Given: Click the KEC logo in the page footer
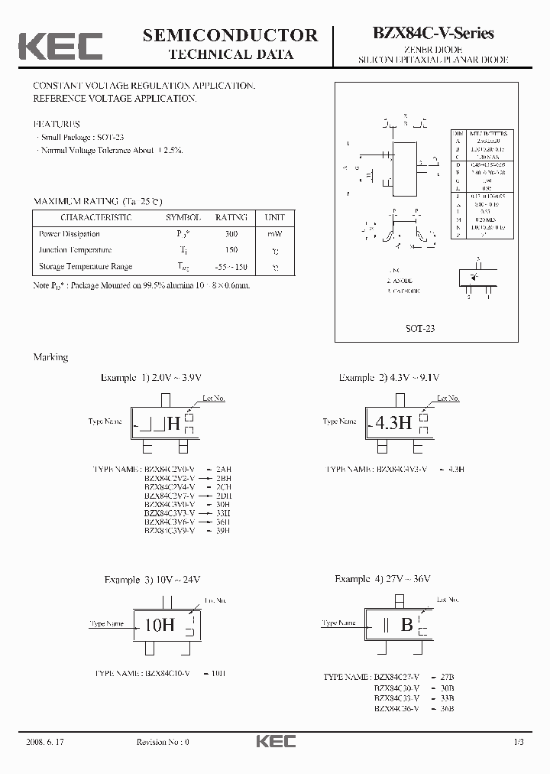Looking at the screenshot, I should click(274, 742).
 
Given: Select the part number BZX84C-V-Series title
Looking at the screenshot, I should click(433, 33).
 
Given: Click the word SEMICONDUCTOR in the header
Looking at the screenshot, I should click(230, 35).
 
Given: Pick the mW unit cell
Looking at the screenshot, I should click(274, 234).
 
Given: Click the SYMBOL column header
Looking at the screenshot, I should click(183, 217).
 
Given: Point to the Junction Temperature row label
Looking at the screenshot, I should click(75, 250).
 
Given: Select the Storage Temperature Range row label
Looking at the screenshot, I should click(86, 266).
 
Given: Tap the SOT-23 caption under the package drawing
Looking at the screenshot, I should click(420, 328).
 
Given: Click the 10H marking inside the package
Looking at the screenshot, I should click(159, 624).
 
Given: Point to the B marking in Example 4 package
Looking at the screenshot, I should click(407, 625).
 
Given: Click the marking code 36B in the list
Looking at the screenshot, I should click(447, 708).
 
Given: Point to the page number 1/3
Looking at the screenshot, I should click(519, 742).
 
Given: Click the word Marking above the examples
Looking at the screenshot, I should click(50, 357).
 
